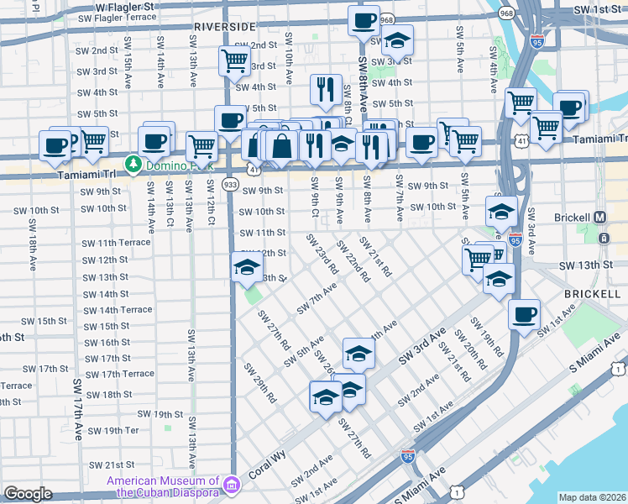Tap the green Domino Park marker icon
point(131,164)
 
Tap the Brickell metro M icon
point(599,217)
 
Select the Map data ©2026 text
point(593,497)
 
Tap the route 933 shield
point(229,183)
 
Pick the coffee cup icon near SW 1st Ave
point(525,315)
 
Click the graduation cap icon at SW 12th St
point(246,268)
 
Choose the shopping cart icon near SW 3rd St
point(234,60)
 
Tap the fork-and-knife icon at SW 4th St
point(325,89)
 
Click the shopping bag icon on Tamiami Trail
point(283,145)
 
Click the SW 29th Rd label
point(259,383)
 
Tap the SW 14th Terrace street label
point(118,310)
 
